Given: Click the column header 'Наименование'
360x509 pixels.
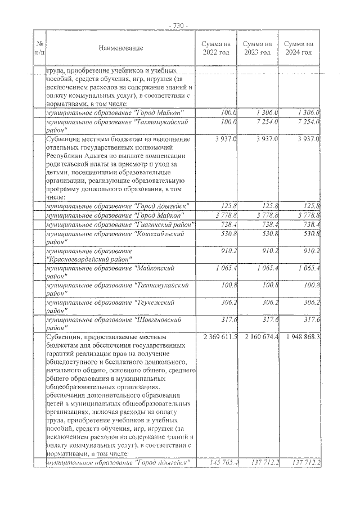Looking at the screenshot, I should pyautogui.click(x=120, y=48).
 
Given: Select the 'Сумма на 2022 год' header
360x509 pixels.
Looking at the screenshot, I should pyautogui.click(x=216, y=48).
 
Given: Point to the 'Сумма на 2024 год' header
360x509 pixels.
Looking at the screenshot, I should pyautogui.click(x=298, y=48).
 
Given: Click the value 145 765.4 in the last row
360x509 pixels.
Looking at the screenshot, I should pyautogui.click(x=223, y=462).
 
